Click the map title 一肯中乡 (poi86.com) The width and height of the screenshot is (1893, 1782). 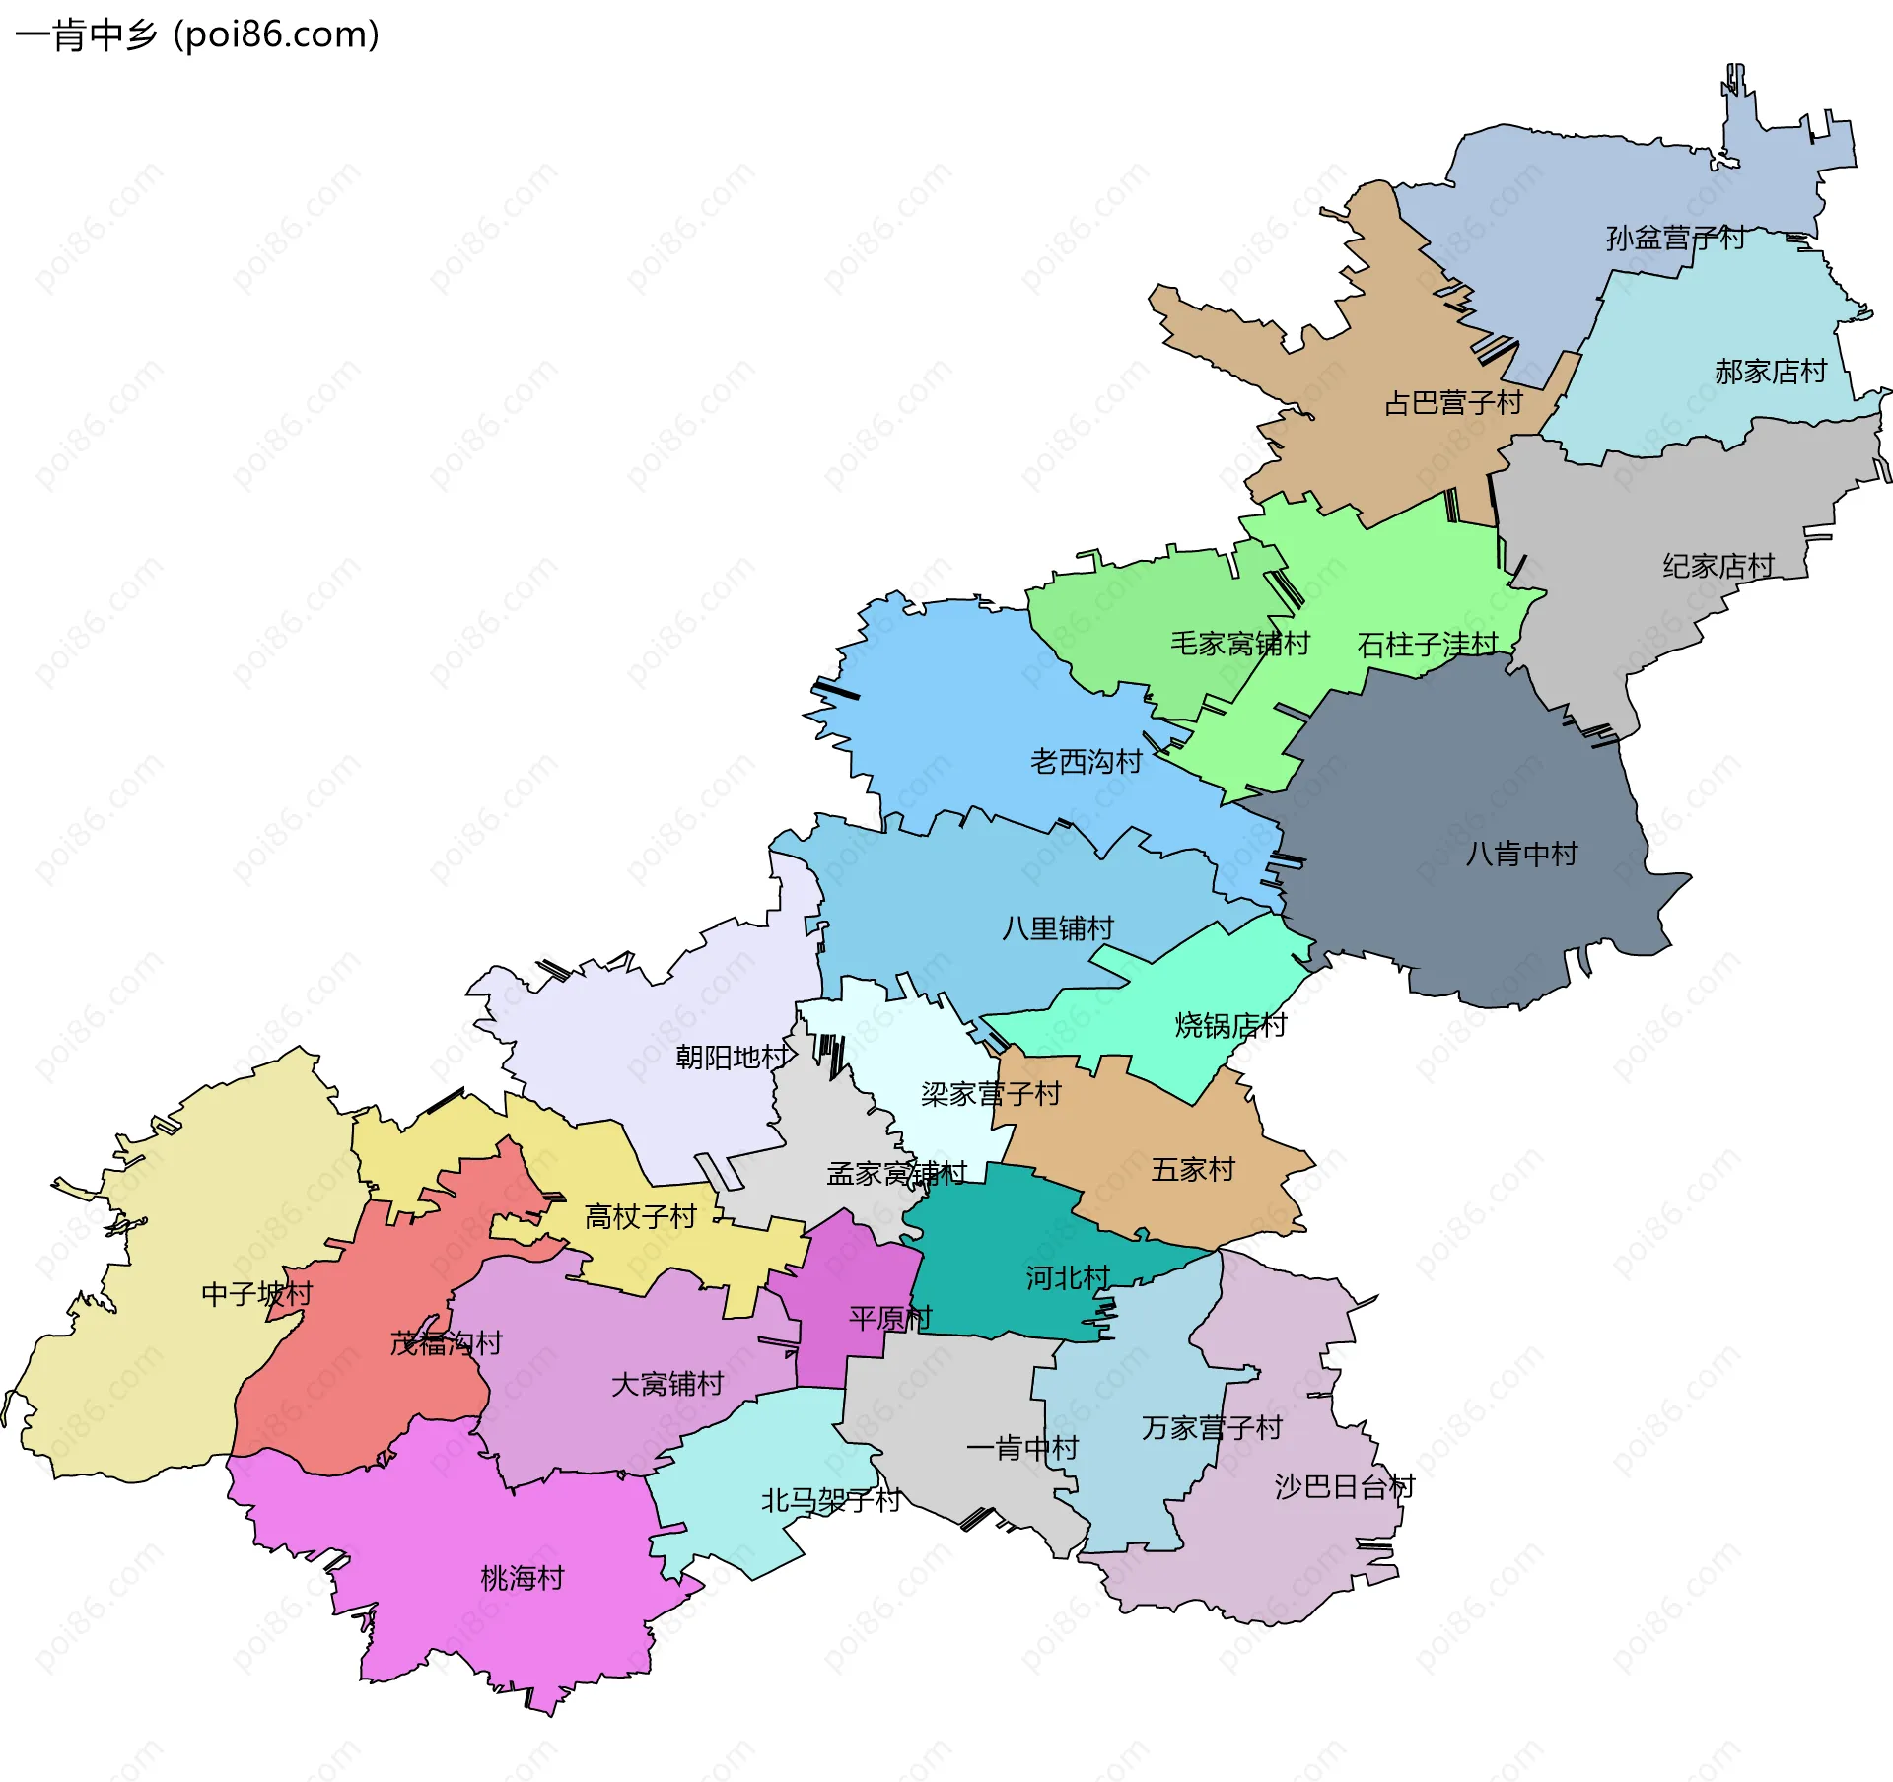(197, 35)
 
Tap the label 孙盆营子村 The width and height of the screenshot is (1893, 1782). (1674, 239)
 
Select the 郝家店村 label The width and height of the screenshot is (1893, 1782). (1770, 372)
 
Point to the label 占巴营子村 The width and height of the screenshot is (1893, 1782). (1453, 403)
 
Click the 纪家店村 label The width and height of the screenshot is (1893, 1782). (1718, 566)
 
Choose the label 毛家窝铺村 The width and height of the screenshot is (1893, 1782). (1239, 644)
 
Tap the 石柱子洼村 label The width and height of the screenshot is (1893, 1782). (1427, 645)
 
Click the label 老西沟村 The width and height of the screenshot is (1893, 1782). (1086, 761)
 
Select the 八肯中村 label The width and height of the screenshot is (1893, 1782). (1521, 854)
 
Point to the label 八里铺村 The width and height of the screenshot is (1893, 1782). (1057, 928)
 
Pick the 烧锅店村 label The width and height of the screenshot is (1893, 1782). (1230, 1026)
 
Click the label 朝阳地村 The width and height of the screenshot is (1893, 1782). (732, 1058)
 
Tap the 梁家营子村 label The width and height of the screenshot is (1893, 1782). (990, 1094)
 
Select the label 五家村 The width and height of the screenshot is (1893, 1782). (1193, 1170)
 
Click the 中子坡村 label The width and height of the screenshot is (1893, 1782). (256, 1294)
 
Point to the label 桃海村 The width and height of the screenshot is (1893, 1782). (522, 1579)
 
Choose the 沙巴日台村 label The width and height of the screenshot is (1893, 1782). (1344, 1486)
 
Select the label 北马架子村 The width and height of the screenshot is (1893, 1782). (830, 1501)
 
